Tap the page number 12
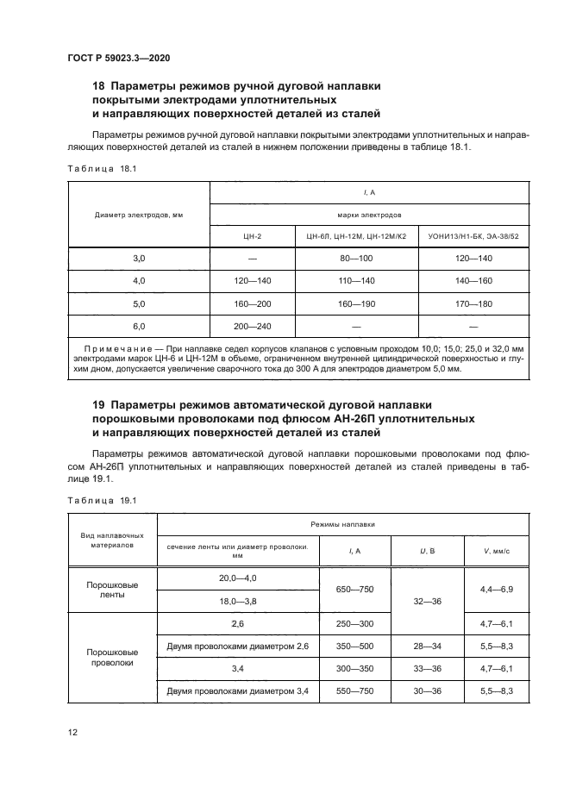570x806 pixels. tap(72, 732)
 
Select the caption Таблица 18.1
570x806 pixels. tap(101, 169)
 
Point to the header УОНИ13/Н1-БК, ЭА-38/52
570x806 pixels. tap(473, 234)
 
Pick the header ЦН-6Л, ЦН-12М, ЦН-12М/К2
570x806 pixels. tap(356, 234)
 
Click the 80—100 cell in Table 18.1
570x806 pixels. tap(356, 258)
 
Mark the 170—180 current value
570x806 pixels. tap(473, 304)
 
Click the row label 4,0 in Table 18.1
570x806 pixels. tap(139, 281)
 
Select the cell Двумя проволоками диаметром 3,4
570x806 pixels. tap(237, 691)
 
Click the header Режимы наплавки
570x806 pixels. tap(342, 524)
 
